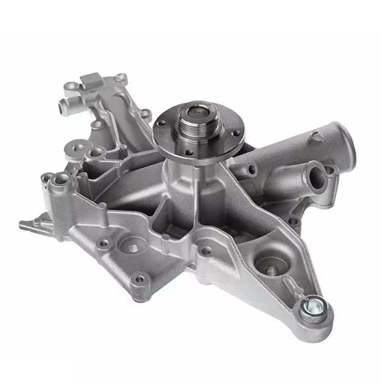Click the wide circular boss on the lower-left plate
[x=132, y=248]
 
